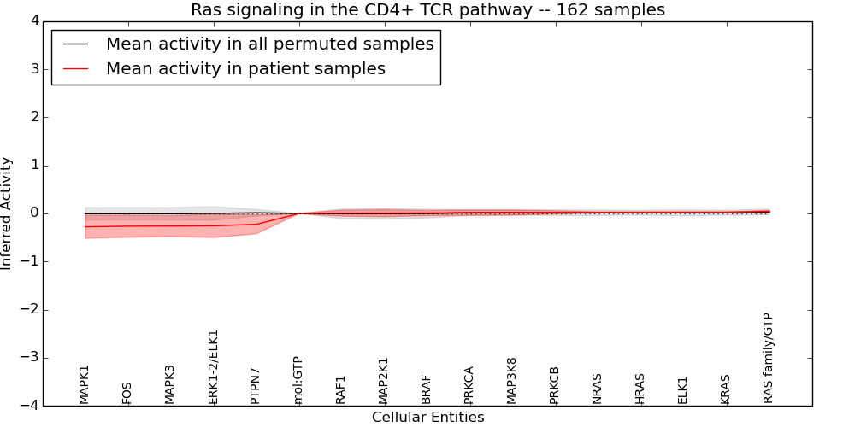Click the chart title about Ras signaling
coord(427,10)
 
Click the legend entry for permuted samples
coord(269,44)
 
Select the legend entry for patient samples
coord(245,69)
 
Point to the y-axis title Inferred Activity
coord(7,213)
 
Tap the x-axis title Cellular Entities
coord(427,418)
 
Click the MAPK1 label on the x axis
coord(85,384)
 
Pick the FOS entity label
coord(127,393)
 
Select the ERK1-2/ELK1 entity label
coord(214,367)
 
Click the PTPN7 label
coord(256,383)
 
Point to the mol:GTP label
coord(298,380)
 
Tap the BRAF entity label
coord(427,389)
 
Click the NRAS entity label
coord(598,389)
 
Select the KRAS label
coord(726,389)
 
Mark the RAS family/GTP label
coord(768,358)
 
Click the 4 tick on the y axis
coord(33,20)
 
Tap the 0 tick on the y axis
coord(33,213)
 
